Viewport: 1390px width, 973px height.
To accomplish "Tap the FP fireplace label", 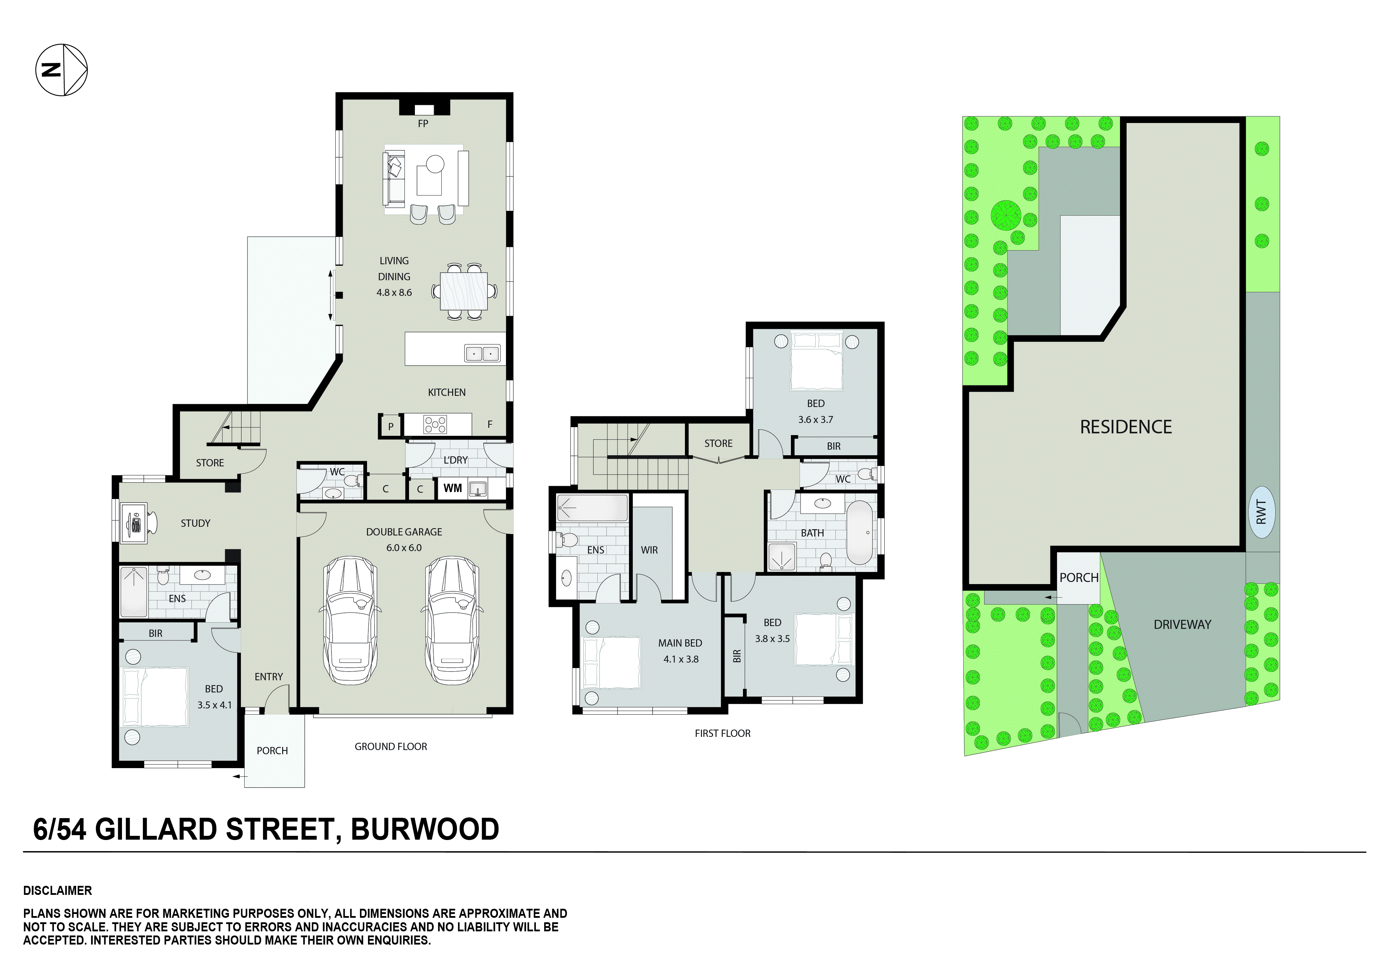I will (423, 123).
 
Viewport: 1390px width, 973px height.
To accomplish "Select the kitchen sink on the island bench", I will (482, 354).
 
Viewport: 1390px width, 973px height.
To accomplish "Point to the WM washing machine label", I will (453, 488).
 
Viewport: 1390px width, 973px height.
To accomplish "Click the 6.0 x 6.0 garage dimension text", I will (404, 548).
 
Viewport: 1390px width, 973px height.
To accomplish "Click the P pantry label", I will (391, 426).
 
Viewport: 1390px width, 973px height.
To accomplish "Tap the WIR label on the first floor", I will (649, 550).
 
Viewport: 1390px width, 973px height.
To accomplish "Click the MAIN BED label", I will (680, 643).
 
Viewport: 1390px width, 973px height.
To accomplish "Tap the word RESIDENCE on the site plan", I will (1126, 427).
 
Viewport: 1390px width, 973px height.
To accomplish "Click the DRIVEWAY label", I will (1182, 624).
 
